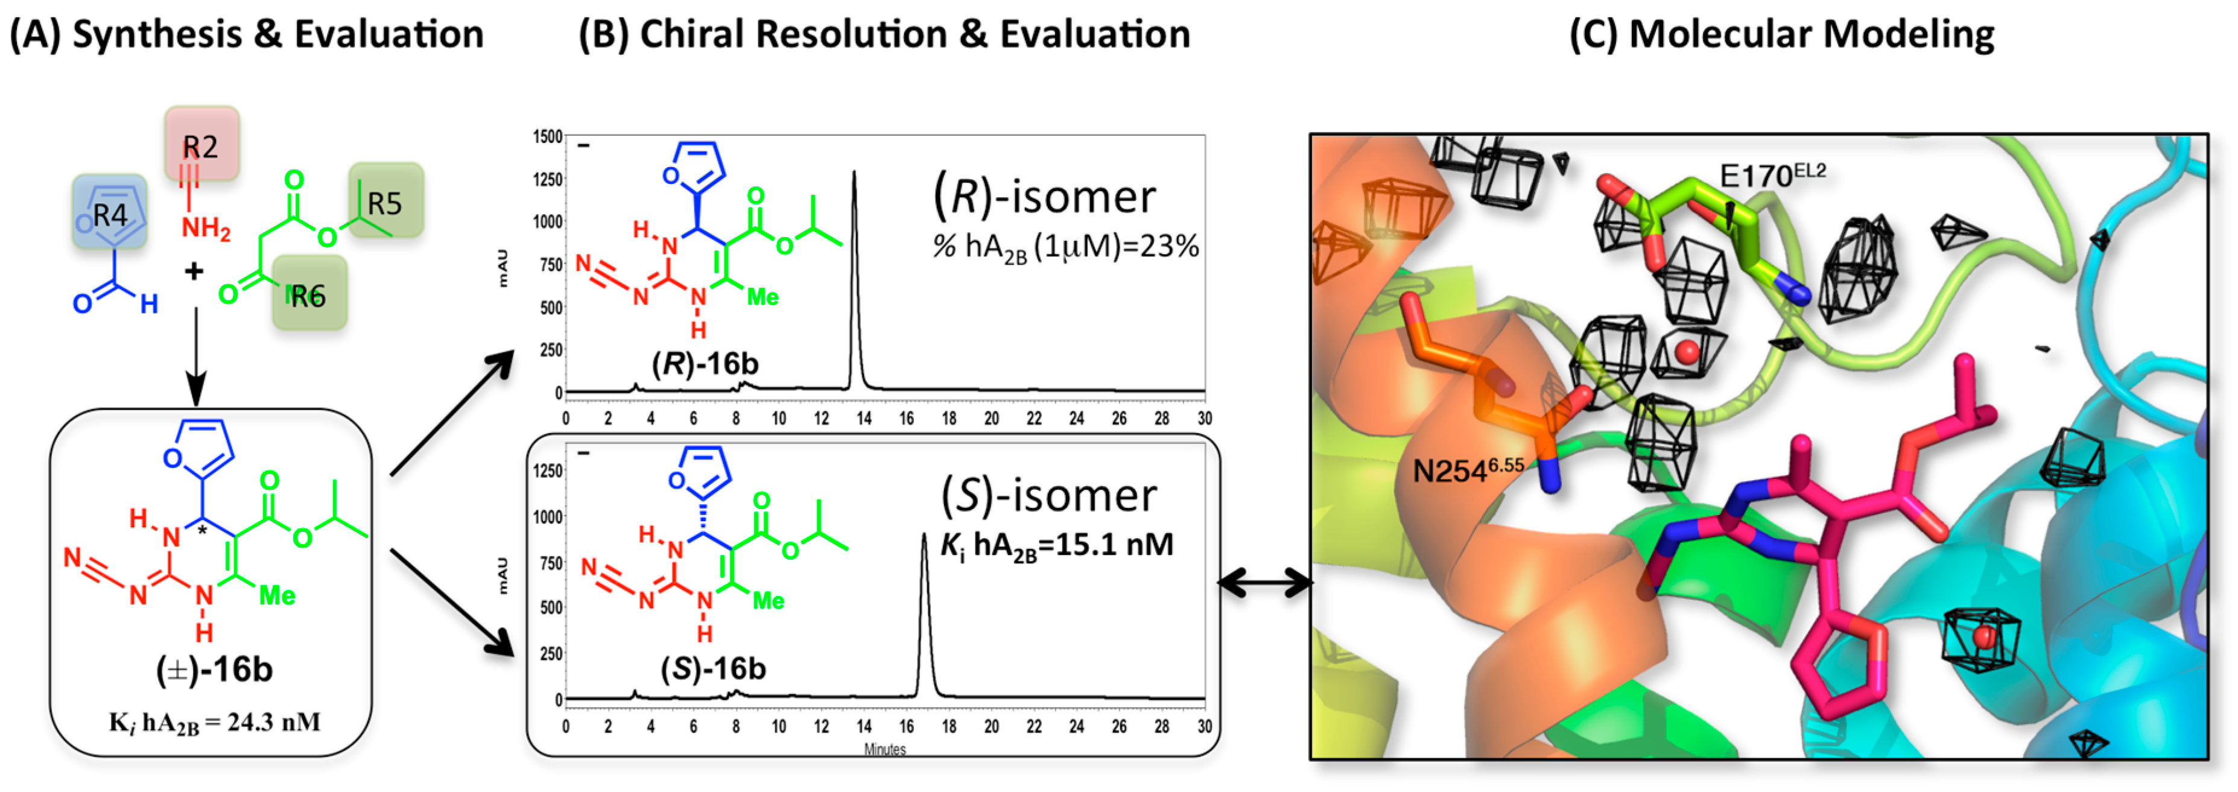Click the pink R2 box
[201, 144]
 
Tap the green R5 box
[385, 201]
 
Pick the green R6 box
[309, 294]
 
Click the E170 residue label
[1772, 176]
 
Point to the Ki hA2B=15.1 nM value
[1056, 545]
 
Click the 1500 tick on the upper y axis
[547, 137]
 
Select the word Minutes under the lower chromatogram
[884, 749]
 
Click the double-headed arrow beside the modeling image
[1264, 583]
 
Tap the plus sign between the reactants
[194, 272]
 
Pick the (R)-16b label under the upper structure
[705, 363]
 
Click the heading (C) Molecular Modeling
[1781, 35]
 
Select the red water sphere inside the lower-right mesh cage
[1983, 636]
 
